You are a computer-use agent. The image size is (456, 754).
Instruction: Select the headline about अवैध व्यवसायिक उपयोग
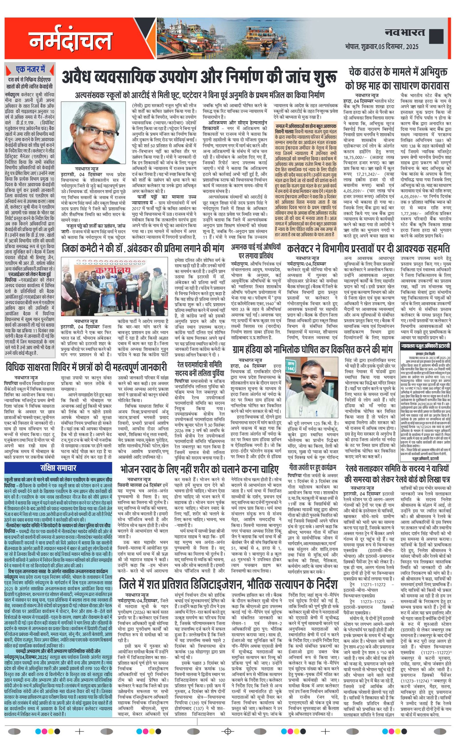(x=199, y=77)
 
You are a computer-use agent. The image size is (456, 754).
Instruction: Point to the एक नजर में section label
(x=30, y=70)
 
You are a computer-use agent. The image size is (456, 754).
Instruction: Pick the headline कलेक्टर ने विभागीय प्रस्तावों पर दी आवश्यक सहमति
(x=368, y=248)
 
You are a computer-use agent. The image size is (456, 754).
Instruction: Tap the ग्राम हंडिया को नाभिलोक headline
(x=312, y=349)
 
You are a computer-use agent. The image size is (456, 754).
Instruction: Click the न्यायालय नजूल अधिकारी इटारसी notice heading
(x=425, y=346)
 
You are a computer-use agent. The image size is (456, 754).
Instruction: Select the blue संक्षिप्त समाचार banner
(x=58, y=468)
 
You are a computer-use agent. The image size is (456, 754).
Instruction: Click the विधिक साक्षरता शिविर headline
(x=87, y=367)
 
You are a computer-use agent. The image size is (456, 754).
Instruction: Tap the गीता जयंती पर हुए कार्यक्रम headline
(x=312, y=467)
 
